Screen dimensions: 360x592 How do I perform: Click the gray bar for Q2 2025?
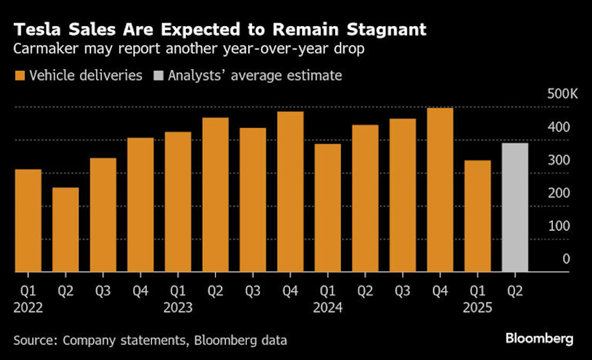pos(515,207)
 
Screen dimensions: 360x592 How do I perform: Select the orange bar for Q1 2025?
pos(478,216)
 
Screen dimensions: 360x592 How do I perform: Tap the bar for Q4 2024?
pos(440,189)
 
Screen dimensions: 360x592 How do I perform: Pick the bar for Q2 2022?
pos(66,230)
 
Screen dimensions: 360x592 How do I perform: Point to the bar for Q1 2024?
pos(327,208)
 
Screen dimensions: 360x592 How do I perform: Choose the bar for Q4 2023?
pos(290,191)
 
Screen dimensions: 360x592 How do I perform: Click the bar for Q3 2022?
pos(103,215)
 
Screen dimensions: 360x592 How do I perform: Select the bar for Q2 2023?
pos(215,195)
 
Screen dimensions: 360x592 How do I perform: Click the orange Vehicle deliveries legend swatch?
pos(20,76)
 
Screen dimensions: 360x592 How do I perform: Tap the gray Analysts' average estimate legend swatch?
pos(158,76)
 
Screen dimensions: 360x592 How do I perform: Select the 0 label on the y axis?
pos(567,259)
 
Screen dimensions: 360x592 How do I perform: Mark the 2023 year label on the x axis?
pos(178,308)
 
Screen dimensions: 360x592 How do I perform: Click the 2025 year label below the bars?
pos(478,308)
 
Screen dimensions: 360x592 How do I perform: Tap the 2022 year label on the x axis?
pos(28,308)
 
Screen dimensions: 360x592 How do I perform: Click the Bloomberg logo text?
pos(539,339)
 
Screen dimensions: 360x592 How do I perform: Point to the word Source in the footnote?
pos(34,340)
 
